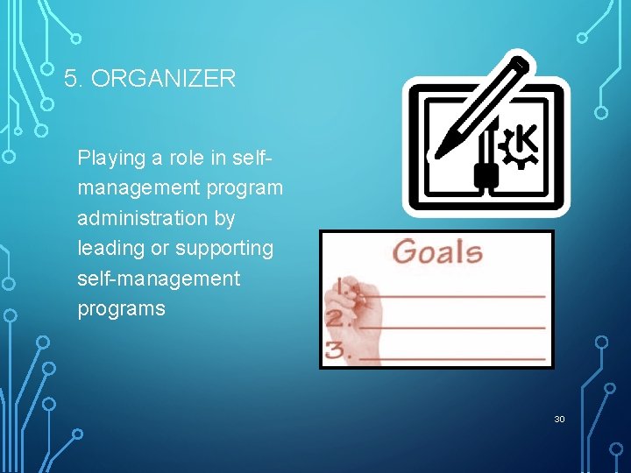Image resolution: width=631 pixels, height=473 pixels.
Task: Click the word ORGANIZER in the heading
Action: (x=163, y=79)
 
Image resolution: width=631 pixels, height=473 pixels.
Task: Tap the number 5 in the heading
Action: (x=71, y=79)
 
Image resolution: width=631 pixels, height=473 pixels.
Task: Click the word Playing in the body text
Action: (x=110, y=159)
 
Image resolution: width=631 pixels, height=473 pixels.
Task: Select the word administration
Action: (x=156, y=217)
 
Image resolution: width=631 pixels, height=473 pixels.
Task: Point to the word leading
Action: (x=111, y=249)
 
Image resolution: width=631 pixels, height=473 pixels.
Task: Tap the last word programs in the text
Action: (x=121, y=308)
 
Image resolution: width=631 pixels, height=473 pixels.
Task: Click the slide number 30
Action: (x=559, y=420)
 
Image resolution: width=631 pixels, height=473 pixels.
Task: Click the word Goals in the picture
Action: (x=437, y=252)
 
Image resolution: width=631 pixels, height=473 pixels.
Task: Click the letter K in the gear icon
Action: (x=525, y=140)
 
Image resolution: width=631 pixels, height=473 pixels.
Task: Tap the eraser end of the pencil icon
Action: (x=522, y=62)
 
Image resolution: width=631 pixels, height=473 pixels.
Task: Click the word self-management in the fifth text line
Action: (x=158, y=279)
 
